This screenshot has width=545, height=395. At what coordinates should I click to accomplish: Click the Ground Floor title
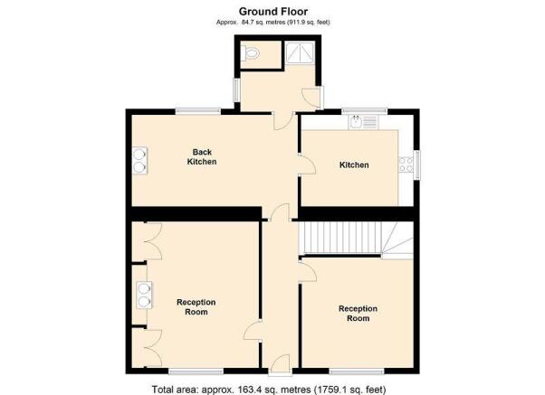[273, 12]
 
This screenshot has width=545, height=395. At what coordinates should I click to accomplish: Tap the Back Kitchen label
[202, 157]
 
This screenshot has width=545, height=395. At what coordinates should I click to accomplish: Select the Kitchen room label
[354, 165]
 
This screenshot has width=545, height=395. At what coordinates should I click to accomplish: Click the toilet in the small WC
[252, 54]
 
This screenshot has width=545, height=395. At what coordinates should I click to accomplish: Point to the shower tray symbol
[300, 52]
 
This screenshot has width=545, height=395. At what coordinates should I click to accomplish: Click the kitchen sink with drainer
[364, 122]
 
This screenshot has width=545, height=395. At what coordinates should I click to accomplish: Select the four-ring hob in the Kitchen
[406, 165]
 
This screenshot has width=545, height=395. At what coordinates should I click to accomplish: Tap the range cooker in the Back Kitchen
[139, 161]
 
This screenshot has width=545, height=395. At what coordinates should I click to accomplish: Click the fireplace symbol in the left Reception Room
[144, 295]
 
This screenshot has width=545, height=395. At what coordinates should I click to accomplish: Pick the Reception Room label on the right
[358, 314]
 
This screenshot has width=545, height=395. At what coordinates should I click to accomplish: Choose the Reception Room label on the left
[196, 307]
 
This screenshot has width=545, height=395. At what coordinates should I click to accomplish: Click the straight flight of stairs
[339, 238]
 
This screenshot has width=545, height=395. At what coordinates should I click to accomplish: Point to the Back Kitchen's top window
[197, 112]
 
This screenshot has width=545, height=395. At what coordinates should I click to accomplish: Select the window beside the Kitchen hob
[416, 165]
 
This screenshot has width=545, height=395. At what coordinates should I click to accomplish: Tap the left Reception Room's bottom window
[196, 371]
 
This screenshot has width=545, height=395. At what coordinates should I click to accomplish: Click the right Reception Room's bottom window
[357, 371]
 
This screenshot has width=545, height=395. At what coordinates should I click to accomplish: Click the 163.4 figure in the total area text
[249, 390]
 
